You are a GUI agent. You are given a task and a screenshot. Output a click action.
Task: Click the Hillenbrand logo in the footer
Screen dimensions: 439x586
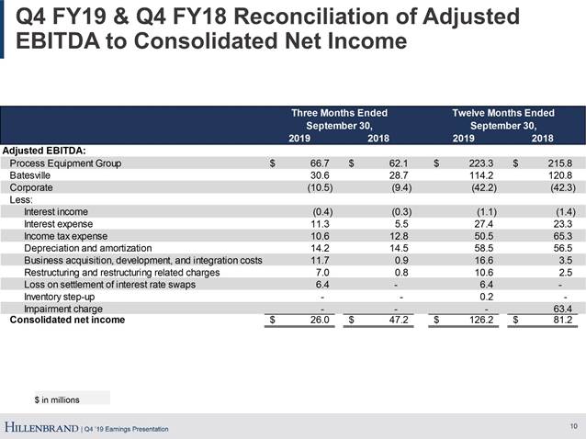(41, 427)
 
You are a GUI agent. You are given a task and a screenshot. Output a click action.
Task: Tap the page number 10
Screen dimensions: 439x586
(573, 425)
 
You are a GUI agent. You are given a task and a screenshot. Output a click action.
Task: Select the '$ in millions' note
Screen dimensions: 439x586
(57, 399)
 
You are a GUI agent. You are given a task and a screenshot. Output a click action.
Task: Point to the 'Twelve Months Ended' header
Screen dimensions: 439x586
(503, 113)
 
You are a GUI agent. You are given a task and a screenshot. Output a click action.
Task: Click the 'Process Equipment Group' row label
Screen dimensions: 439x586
(65, 163)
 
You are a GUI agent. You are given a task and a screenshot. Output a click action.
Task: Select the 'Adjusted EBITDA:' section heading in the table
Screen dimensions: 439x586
(45, 150)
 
